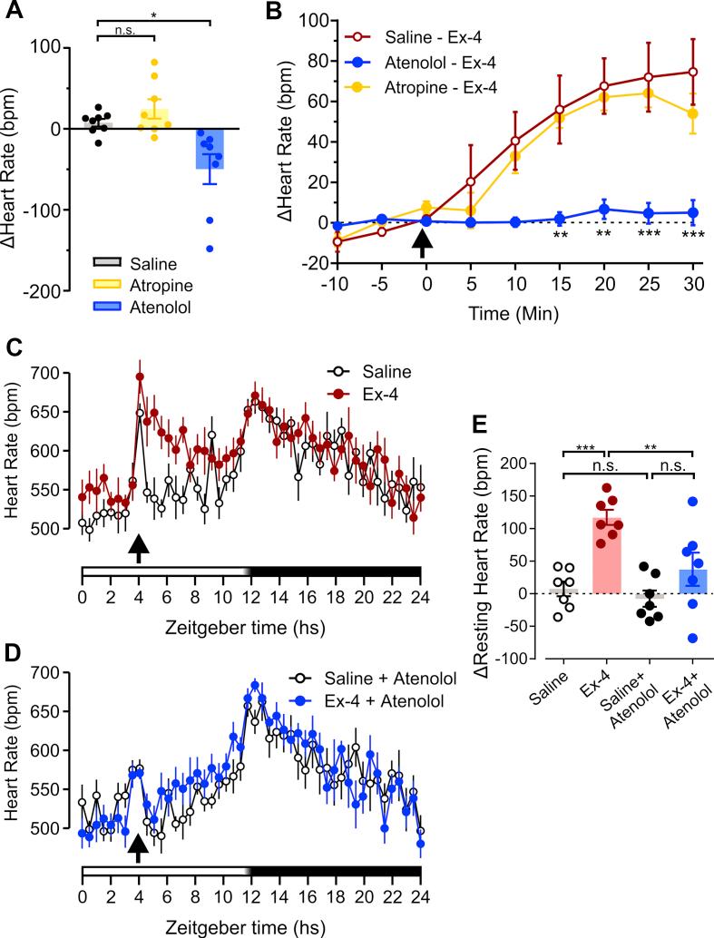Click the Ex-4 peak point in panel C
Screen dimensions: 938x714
(x=140, y=376)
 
